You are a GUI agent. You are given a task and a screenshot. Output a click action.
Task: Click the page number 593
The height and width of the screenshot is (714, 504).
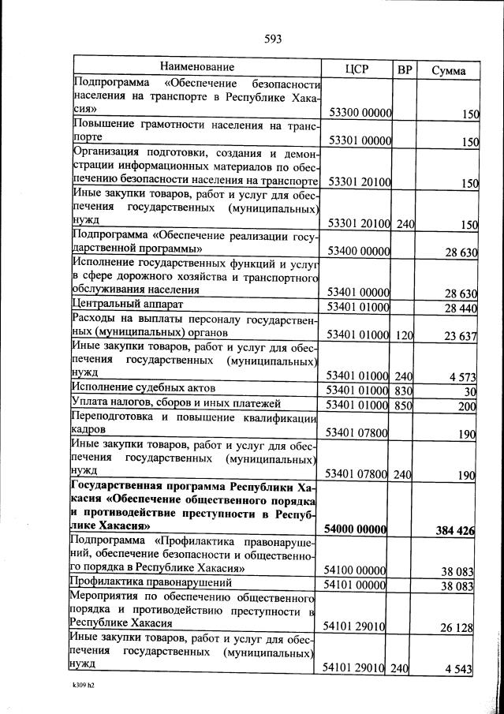pyautogui.click(x=273, y=39)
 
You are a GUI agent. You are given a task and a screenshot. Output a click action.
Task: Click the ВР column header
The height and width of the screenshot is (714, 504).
pyautogui.click(x=405, y=69)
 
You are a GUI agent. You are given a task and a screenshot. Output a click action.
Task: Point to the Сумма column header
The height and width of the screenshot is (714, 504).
pyautogui.click(x=448, y=70)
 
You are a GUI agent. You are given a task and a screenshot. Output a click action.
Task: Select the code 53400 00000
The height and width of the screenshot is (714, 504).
pyautogui.click(x=360, y=252)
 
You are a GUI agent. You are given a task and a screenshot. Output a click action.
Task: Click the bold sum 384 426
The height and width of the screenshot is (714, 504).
pyautogui.click(x=454, y=531)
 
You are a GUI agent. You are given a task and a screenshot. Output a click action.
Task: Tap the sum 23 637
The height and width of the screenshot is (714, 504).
pyautogui.click(x=459, y=336)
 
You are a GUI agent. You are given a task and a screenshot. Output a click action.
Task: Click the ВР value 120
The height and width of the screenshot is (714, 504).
pyautogui.click(x=405, y=335)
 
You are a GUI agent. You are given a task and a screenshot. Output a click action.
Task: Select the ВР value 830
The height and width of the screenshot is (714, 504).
pyautogui.click(x=405, y=391)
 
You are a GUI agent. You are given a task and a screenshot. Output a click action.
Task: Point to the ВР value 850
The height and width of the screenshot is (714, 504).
pyautogui.click(x=405, y=406)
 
